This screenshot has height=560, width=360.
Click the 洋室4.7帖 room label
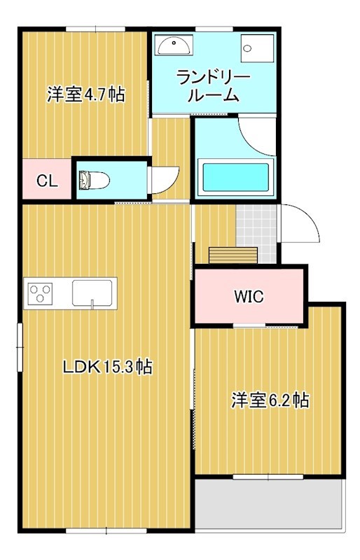pyautogui.click(x=85, y=94)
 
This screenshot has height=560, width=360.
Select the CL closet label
pyautogui.click(x=46, y=181)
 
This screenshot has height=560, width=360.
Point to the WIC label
pyautogui.click(x=249, y=296)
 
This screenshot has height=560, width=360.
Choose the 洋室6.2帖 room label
pyautogui.click(x=270, y=400)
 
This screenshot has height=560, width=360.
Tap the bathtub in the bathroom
pyautogui.click(x=235, y=180)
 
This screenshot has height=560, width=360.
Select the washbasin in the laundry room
pyautogui.click(x=172, y=45)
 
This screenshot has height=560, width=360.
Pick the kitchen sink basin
pyautogui.click(x=92, y=292)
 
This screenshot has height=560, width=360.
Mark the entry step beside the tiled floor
pyautogui.click(x=233, y=254)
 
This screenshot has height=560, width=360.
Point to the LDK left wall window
pyautogui.click(x=20, y=348)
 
